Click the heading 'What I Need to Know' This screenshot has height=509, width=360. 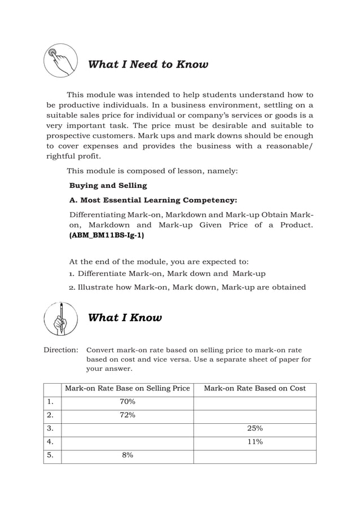(148, 64)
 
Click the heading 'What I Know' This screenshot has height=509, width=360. (125, 318)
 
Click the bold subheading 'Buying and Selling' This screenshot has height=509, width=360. (108, 185)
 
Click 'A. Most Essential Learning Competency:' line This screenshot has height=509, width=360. (153, 200)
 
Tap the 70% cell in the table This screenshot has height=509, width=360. (127, 402)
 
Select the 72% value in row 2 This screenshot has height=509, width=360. (127, 415)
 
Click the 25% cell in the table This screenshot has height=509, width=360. (255, 429)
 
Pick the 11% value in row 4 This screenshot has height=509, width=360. (255, 442)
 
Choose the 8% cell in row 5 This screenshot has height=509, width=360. (127, 456)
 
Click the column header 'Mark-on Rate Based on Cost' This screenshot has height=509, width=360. (255, 389)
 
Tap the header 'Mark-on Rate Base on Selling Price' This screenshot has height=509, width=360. (128, 389)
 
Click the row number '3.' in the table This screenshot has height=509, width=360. (51, 429)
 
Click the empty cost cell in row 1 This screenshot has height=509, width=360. (255, 402)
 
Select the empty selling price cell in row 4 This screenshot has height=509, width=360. (127, 442)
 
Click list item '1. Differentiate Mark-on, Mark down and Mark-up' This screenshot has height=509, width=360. (167, 274)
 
